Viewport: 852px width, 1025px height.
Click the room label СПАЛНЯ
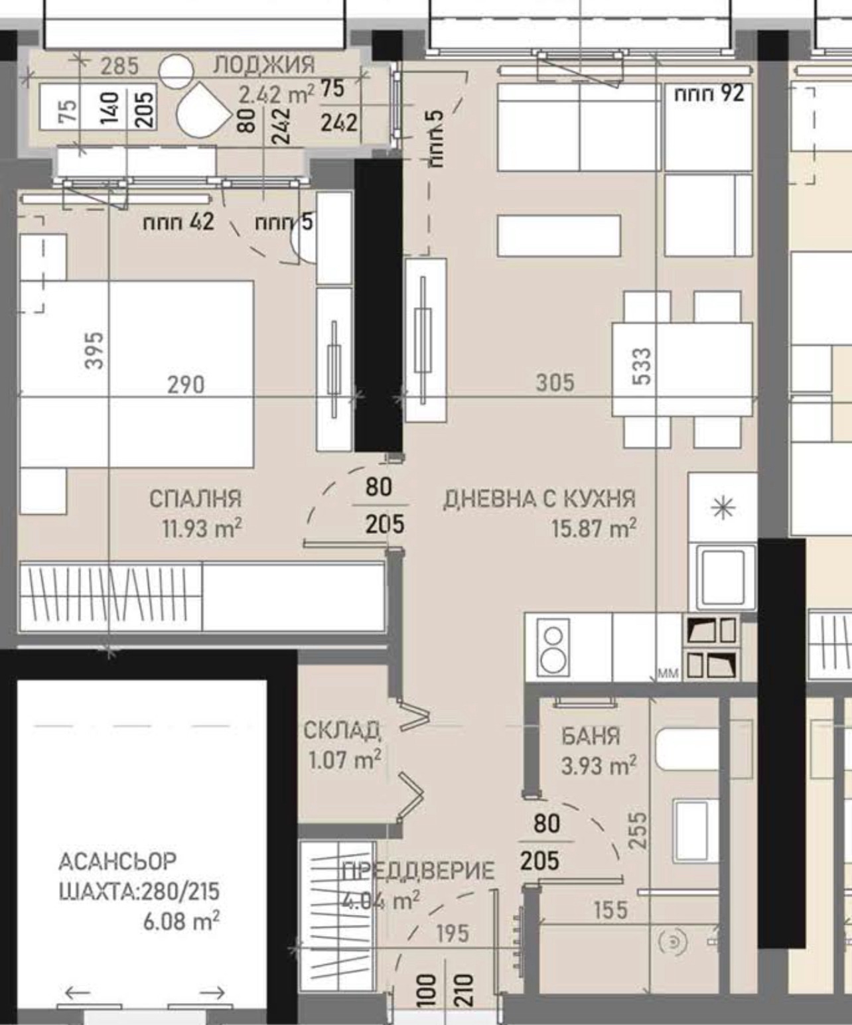click(x=195, y=498)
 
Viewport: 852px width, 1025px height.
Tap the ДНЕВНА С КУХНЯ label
click(x=539, y=499)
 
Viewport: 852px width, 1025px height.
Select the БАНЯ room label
click(x=591, y=736)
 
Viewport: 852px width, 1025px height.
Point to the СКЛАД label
click(x=342, y=730)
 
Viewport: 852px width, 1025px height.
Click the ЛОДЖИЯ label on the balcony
click(x=264, y=65)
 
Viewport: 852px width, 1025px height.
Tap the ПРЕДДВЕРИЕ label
click(x=418, y=871)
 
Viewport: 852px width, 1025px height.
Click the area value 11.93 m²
click(x=201, y=529)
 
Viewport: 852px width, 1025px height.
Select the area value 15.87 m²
click(x=593, y=529)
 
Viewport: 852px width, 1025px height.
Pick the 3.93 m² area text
click(x=599, y=766)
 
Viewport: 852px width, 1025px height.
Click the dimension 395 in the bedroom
click(x=96, y=350)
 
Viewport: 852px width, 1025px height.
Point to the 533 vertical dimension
click(x=643, y=366)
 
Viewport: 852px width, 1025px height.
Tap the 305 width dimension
click(x=555, y=383)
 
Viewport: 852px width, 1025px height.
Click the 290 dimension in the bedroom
click(x=186, y=385)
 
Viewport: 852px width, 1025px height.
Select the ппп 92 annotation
click(x=709, y=94)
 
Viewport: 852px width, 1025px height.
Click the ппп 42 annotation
click(x=178, y=222)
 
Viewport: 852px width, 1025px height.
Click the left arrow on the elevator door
click(x=78, y=992)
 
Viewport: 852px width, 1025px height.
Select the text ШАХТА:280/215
click(x=139, y=891)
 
